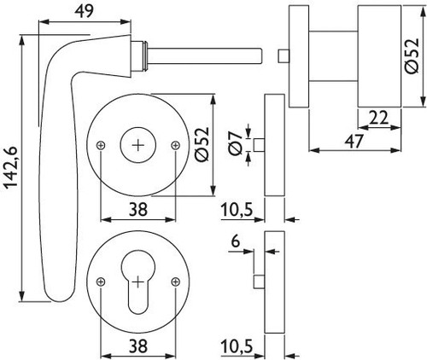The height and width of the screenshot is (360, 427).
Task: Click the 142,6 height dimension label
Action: (12, 167)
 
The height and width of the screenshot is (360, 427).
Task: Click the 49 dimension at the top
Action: (84, 11)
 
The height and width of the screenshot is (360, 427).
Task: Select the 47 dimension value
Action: (354, 141)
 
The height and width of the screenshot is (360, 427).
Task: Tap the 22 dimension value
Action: (378, 118)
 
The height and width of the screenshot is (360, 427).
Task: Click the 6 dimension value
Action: (236, 241)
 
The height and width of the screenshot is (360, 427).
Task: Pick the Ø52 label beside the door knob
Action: (412, 55)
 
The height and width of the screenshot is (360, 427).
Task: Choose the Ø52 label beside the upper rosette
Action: (202, 144)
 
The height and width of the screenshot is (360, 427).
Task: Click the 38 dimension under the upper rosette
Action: (138, 210)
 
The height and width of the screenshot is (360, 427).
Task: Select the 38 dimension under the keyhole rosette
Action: (138, 346)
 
